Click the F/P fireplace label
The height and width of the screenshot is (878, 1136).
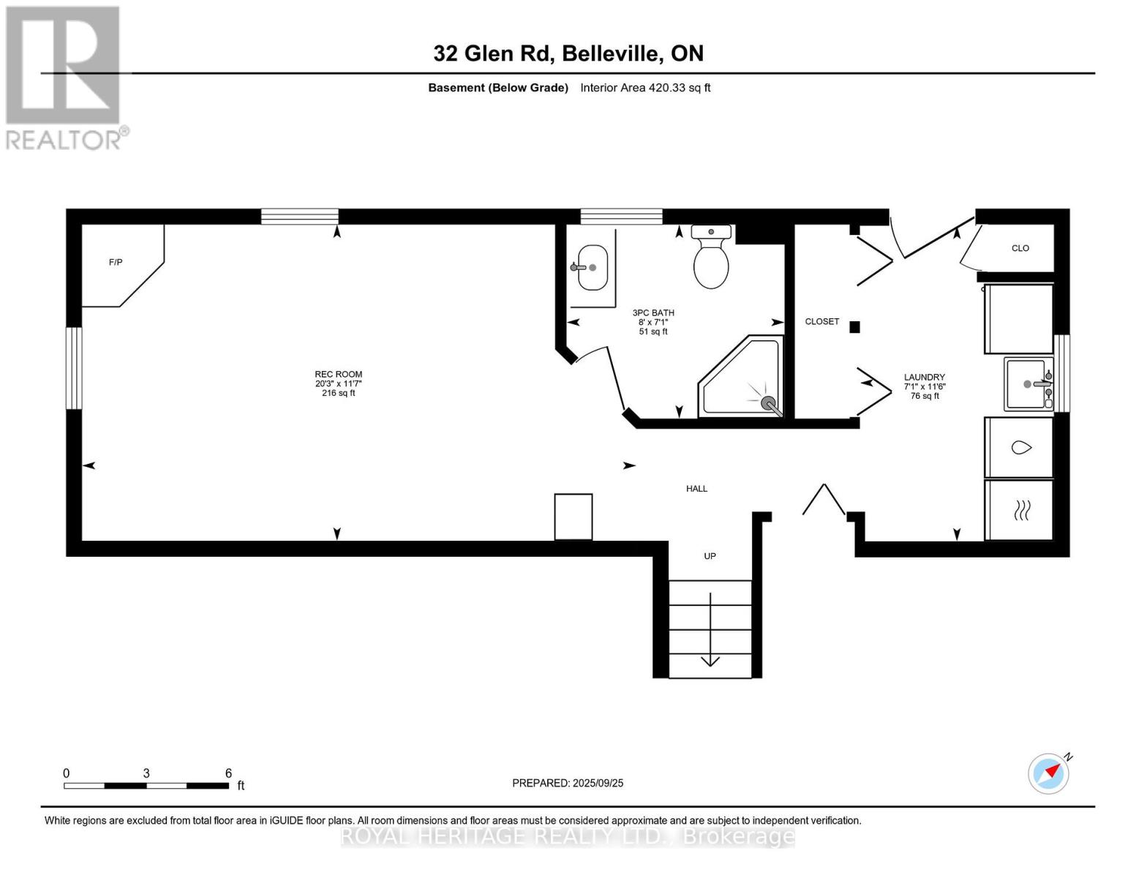point(116,262)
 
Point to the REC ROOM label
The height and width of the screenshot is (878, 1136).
point(339,375)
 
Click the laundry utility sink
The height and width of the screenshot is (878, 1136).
point(1028,383)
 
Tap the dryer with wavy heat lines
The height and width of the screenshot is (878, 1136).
point(1020,510)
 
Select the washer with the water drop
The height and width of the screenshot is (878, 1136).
point(1020,447)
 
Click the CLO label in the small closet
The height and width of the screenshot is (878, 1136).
point(1020,248)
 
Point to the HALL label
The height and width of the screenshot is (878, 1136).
point(696,489)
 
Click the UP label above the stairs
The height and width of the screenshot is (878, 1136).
point(710,556)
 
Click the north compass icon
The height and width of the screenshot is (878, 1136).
point(1049,773)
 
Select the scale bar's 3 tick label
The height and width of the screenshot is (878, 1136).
point(146,773)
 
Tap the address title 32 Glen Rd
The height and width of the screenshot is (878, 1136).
point(568,53)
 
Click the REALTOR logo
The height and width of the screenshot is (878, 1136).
point(64,78)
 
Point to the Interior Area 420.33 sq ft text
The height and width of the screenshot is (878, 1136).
point(645,88)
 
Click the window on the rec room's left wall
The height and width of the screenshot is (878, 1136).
point(74,367)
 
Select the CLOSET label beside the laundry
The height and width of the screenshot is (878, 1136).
point(821,321)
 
